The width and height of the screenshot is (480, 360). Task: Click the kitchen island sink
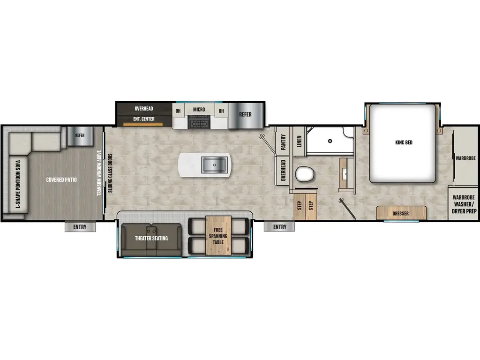[x=214, y=165]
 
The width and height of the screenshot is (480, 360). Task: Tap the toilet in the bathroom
[x=304, y=175]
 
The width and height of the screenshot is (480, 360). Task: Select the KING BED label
[x=404, y=142]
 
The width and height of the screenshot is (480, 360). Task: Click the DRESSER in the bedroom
[x=401, y=213]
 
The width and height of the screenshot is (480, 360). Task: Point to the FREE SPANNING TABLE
[x=218, y=236]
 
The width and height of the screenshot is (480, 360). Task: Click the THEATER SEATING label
[x=151, y=238]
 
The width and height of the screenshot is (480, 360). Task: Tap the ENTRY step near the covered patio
[x=80, y=227]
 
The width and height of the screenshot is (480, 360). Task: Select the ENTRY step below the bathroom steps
[x=279, y=227]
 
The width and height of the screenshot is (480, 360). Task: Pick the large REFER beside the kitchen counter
[x=245, y=114]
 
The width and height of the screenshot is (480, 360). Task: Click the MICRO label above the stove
[x=199, y=110]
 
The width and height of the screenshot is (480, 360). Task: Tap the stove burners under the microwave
[x=199, y=123]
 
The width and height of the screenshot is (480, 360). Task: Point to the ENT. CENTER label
[x=144, y=119]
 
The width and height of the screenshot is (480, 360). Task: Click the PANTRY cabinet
[x=283, y=142]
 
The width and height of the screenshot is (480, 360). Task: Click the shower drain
[x=330, y=140]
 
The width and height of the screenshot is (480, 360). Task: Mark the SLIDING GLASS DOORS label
[x=109, y=173]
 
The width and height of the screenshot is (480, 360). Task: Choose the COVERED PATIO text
[x=61, y=180]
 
